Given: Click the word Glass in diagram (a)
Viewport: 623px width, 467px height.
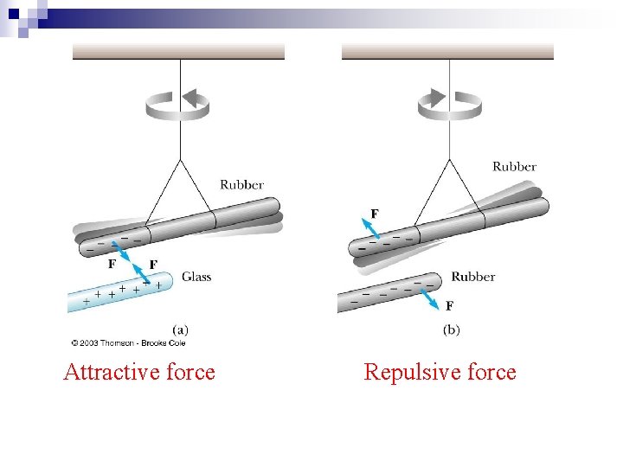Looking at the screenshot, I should [x=196, y=277].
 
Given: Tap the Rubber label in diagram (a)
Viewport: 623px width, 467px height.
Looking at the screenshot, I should [x=241, y=184].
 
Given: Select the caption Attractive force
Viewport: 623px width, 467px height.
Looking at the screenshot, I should [x=139, y=372].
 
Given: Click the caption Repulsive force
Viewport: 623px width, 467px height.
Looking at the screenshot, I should [x=440, y=372].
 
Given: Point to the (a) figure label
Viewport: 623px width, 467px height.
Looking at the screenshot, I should [x=181, y=329].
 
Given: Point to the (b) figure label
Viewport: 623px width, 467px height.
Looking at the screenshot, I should [x=452, y=329].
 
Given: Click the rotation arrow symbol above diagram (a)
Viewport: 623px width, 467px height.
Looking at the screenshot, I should [x=178, y=105].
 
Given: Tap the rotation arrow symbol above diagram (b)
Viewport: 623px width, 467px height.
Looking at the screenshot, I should [x=450, y=105].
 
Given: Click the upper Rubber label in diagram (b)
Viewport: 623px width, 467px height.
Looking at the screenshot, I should [x=514, y=166].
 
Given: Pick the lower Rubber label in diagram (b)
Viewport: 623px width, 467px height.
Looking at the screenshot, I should [x=472, y=277].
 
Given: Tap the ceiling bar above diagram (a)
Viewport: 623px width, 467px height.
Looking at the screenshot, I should [x=178, y=52].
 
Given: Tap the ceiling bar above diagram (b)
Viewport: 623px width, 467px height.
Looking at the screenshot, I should [x=447, y=52].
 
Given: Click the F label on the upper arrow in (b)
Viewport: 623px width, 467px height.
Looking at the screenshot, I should [x=375, y=213].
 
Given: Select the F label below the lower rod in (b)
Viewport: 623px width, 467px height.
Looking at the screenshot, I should [x=449, y=305].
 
